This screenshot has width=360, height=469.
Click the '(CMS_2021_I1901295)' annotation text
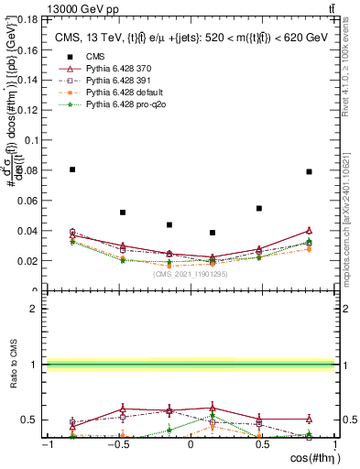tap(191, 274)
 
